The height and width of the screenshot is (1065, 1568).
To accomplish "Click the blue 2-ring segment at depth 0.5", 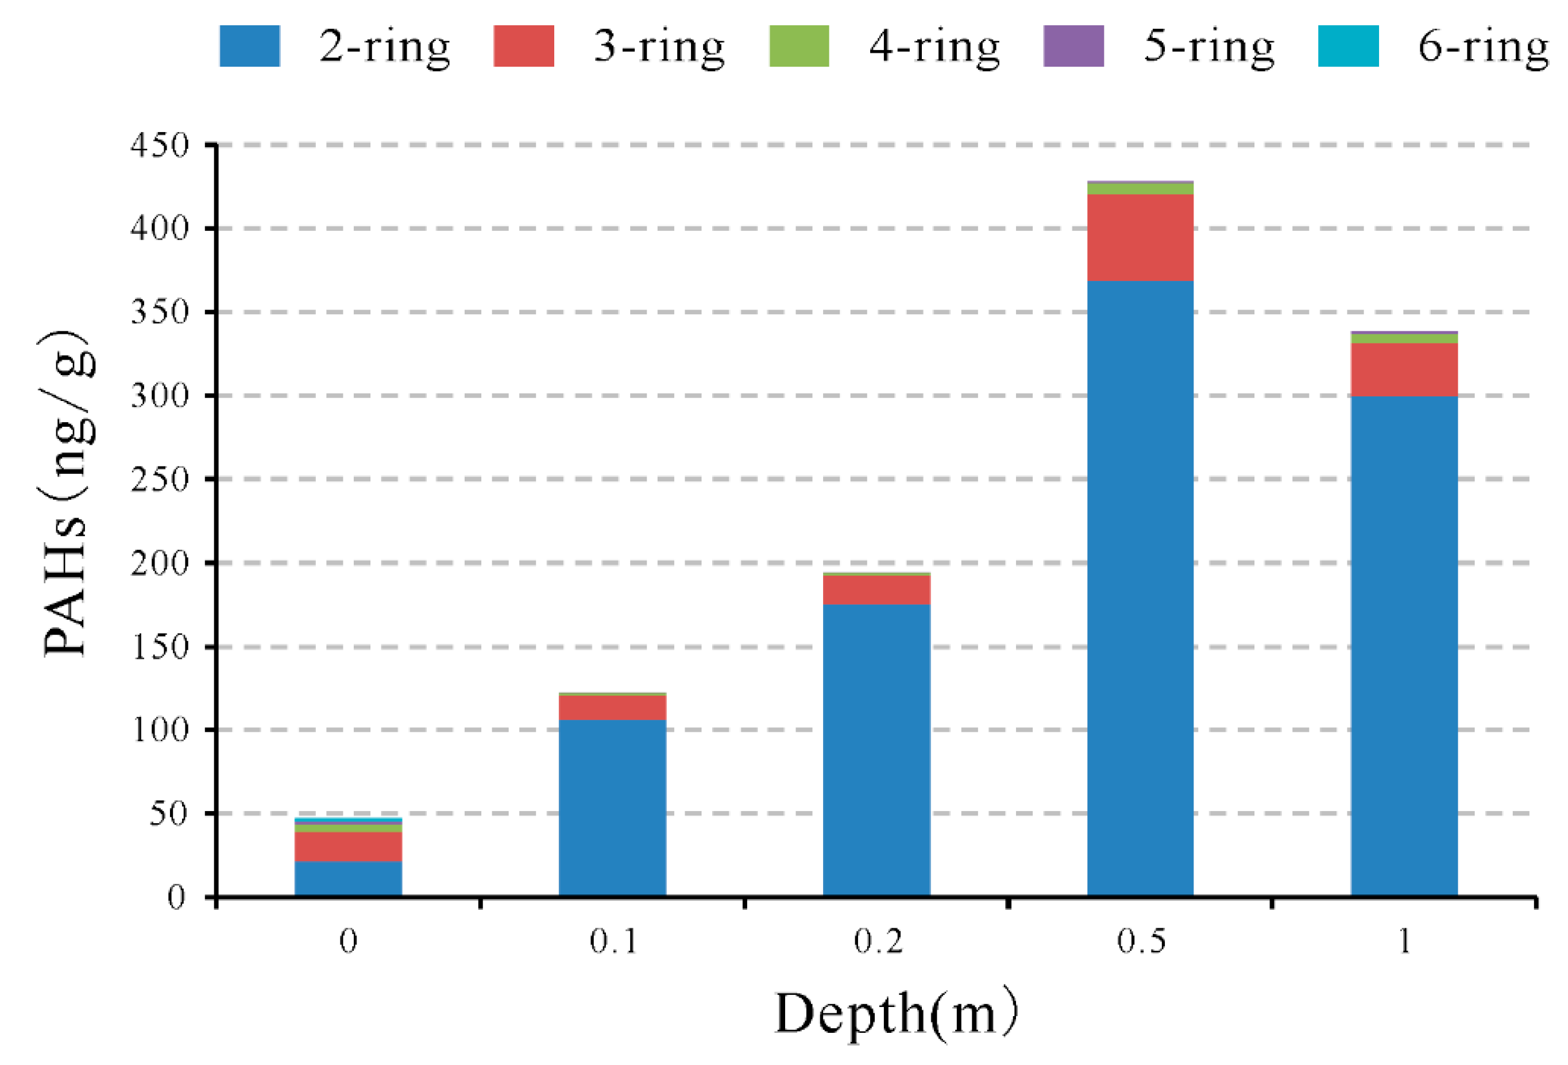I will click(x=1140, y=587).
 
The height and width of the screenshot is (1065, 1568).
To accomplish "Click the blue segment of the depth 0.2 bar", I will click(x=876, y=749).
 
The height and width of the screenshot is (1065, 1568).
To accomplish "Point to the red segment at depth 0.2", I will click(x=876, y=590).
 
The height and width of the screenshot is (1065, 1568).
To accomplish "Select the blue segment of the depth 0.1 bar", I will click(x=612, y=808).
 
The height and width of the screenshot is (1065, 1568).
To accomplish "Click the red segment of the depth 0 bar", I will click(x=348, y=846).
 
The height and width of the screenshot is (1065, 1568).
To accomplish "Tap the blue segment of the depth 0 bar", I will click(x=348, y=878).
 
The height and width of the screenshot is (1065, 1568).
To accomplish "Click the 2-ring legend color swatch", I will click(x=250, y=46).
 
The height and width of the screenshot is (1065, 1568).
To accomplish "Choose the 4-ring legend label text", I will click(x=934, y=47).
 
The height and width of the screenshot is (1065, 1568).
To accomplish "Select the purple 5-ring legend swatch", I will click(x=1073, y=46).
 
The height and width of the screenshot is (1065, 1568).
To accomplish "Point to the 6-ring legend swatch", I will click(x=1348, y=46).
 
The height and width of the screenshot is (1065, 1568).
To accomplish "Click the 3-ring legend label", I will click(x=659, y=47).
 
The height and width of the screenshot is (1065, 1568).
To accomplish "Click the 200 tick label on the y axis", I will click(x=160, y=563).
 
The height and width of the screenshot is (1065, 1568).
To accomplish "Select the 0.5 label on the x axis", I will click(x=1140, y=941).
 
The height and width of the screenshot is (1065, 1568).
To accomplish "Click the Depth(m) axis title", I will click(x=896, y=1014).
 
